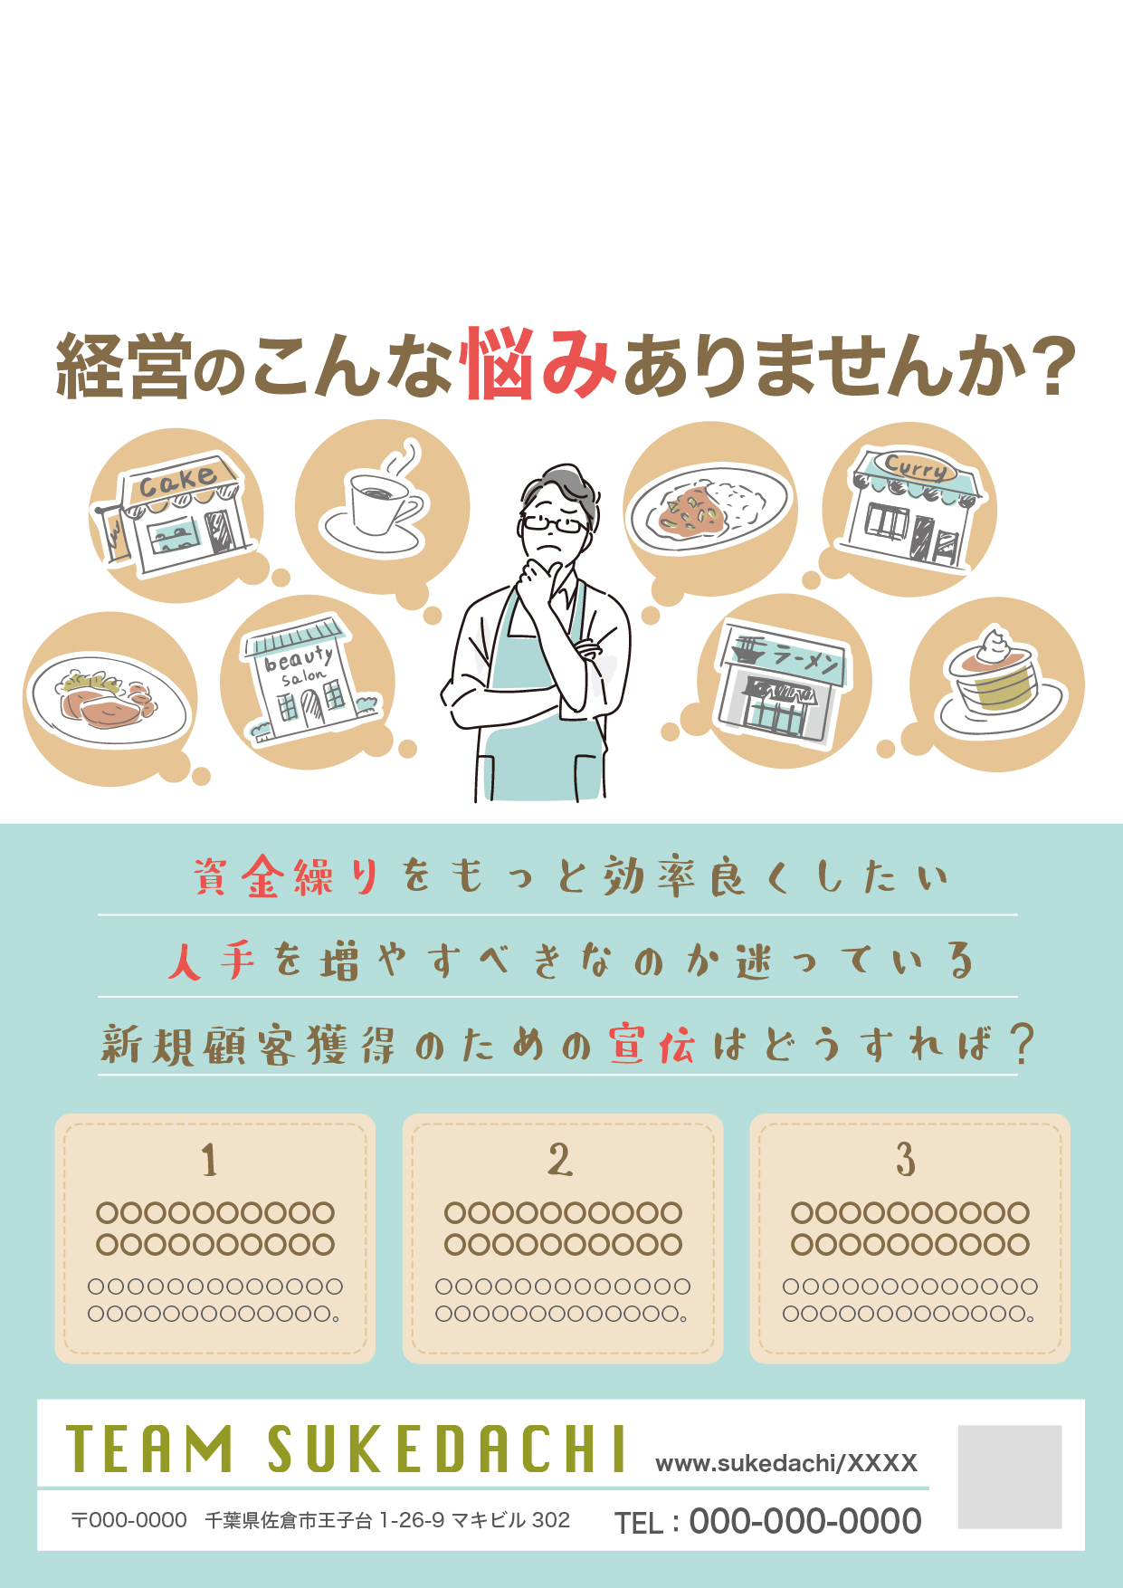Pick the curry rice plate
(709, 509)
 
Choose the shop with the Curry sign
(912, 509)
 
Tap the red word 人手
(212, 961)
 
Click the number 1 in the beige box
(209, 1160)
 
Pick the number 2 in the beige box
(560, 1160)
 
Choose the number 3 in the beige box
(906, 1160)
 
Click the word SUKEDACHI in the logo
(447, 1449)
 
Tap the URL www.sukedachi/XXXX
(786, 1463)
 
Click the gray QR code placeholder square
(1010, 1477)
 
